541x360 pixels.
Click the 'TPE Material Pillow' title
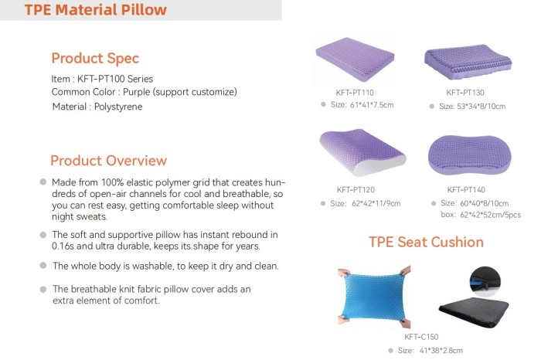click(x=96, y=9)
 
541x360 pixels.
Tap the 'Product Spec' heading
click(x=95, y=59)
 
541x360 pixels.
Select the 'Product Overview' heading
click(x=108, y=161)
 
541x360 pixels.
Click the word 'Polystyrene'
click(x=118, y=107)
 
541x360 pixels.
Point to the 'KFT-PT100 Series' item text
click(x=115, y=79)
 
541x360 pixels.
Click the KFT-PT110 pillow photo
click(x=355, y=59)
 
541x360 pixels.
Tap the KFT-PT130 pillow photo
click(x=468, y=62)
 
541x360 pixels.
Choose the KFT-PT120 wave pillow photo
click(x=362, y=152)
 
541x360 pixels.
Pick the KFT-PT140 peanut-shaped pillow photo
click(x=470, y=155)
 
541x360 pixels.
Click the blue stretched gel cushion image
click(x=374, y=297)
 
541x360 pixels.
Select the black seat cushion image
click(x=474, y=313)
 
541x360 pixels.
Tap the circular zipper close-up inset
click(x=485, y=281)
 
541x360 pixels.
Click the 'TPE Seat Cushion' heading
click(x=426, y=242)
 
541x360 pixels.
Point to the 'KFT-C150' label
click(x=421, y=337)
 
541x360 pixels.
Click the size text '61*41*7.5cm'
click(x=372, y=105)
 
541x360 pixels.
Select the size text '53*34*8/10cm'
click(x=481, y=106)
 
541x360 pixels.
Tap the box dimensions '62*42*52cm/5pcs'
click(x=490, y=215)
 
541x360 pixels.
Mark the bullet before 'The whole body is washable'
click(x=43, y=266)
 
